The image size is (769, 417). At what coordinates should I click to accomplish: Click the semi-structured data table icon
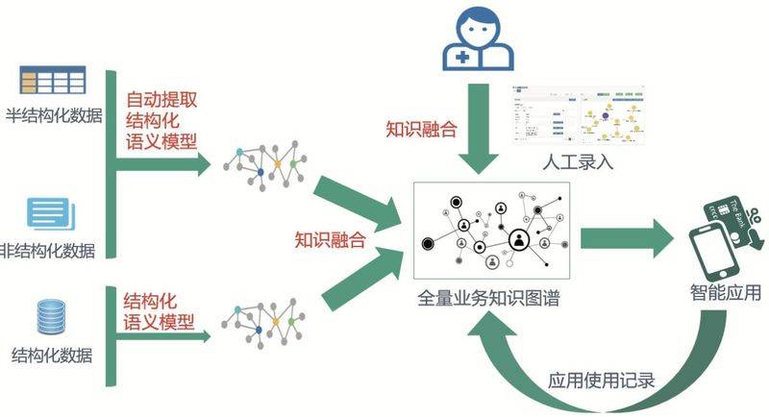tap(54, 78)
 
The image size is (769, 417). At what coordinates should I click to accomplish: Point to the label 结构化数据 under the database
tap(52, 355)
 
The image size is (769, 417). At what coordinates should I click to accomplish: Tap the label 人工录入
tap(580, 162)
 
